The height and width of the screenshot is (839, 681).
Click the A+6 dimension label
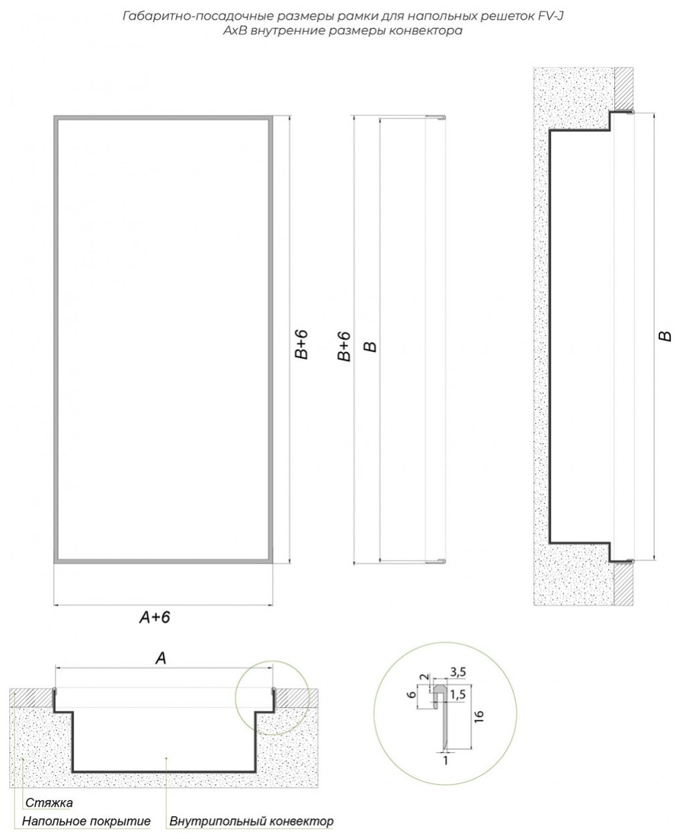(154, 617)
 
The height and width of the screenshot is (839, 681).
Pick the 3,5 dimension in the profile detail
(458, 671)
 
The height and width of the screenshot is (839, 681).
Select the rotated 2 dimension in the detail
(424, 677)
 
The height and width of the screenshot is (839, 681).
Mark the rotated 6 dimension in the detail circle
(412, 694)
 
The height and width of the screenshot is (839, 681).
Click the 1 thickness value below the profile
(445, 760)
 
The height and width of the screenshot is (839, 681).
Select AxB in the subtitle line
(235, 30)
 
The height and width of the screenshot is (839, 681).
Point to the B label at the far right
(665, 336)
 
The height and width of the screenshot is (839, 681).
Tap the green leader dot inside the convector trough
(167, 757)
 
